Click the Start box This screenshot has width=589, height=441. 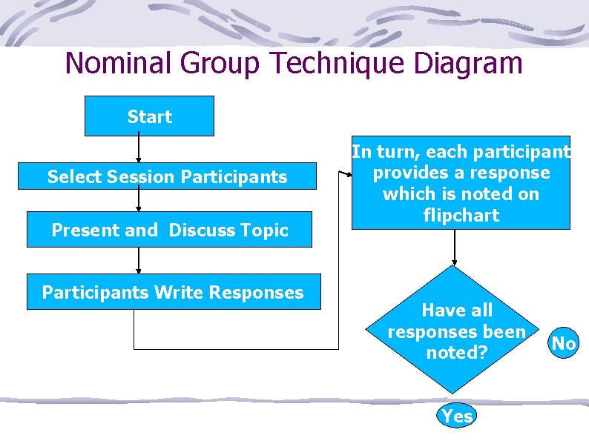(149, 116)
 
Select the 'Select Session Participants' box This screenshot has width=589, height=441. (167, 176)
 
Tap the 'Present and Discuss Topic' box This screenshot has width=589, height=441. (169, 230)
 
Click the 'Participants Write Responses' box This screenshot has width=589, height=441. (173, 292)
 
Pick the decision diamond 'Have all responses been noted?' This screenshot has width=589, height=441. (456, 331)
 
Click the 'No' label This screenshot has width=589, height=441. (564, 343)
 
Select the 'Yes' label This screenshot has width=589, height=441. (456, 416)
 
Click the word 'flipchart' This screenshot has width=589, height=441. (461, 216)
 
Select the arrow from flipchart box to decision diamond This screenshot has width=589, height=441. (455, 248)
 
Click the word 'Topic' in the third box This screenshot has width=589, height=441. (265, 230)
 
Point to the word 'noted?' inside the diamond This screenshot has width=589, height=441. (456, 352)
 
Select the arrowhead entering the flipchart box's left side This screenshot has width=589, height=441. (346, 174)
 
